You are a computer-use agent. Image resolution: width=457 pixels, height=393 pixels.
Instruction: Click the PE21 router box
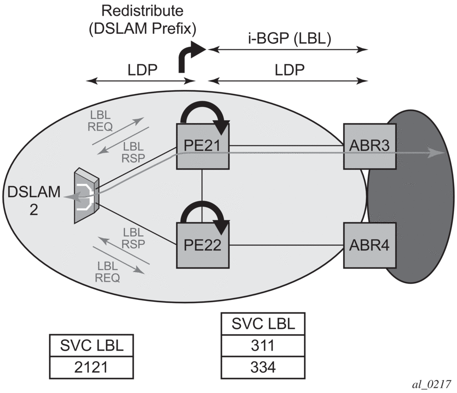(x=202, y=145)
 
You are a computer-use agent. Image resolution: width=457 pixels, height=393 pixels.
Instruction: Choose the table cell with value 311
(x=262, y=345)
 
